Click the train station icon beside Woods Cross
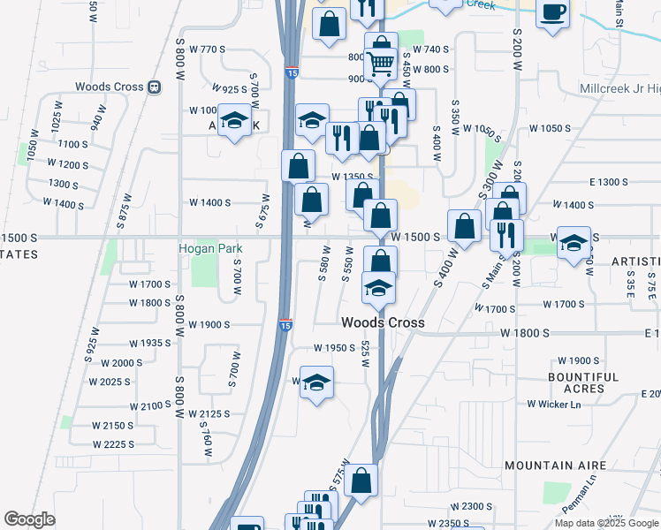tap(156, 87)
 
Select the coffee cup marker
tap(553, 13)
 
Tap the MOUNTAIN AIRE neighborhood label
tap(555, 465)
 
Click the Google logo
tap(29, 519)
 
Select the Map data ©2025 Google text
tap(606, 523)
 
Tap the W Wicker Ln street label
tap(554, 404)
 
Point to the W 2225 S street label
tap(114, 444)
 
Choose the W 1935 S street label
tap(149, 343)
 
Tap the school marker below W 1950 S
tap(316, 382)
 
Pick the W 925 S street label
tap(230, 89)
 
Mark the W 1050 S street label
tap(550, 128)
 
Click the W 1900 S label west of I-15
tap(209, 324)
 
